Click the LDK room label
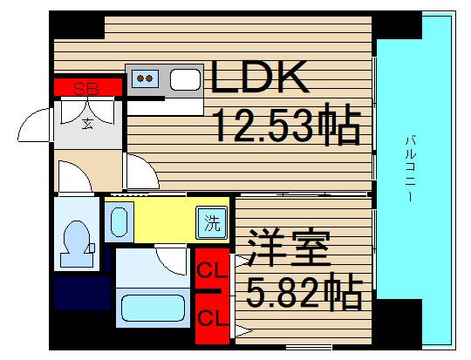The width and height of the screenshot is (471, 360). pos(259,80)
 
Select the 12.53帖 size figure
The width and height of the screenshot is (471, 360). pos(286,128)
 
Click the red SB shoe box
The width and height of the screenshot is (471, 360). pos(86,88)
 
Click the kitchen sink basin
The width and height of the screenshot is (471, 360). pos(186,80)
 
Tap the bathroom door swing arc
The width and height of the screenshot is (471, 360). pos(172,259)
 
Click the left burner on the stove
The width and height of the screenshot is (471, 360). pos(140,79)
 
